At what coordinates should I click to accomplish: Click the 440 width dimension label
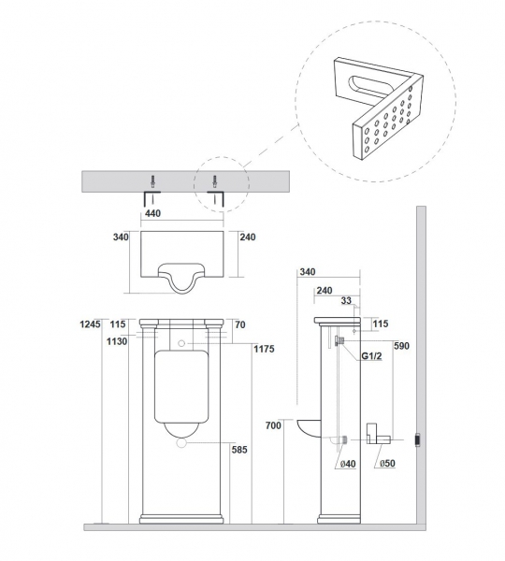coord(152,213)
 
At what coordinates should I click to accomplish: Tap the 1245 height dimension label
coord(90,324)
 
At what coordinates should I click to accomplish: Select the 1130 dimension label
coord(117,341)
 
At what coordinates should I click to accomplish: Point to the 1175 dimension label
coord(264,349)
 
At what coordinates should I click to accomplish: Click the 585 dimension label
coord(239,450)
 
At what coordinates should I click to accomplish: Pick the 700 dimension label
coord(273,425)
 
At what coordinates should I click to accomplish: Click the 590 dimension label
coord(401,346)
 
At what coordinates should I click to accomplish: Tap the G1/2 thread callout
coord(371,356)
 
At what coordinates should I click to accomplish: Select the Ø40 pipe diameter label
coord(348,464)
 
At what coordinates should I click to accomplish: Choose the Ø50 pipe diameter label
coord(387,464)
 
